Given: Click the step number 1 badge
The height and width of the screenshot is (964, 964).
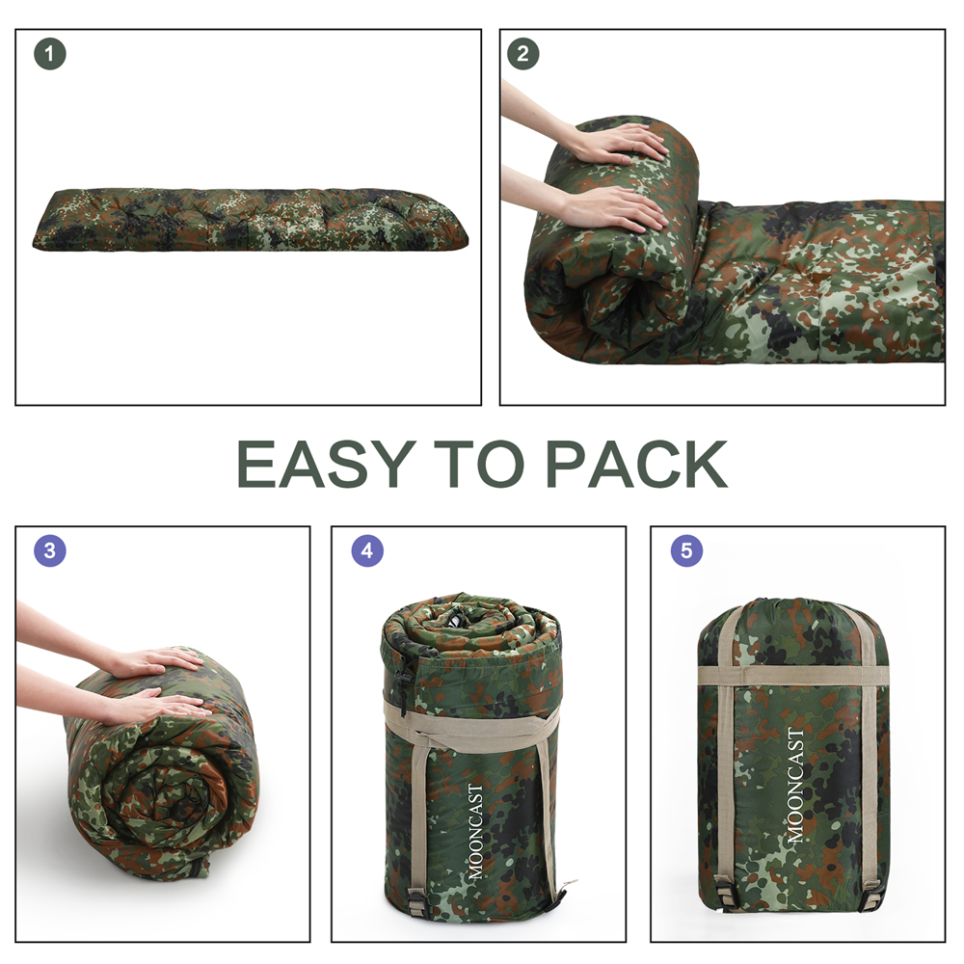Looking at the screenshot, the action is (50, 54).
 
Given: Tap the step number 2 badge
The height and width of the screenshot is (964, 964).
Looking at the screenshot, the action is (522, 54).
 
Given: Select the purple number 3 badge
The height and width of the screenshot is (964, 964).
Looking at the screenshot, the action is (50, 550).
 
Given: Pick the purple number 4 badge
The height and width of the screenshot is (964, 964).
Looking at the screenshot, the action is (367, 550).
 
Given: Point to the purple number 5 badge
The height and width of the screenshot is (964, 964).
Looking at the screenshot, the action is (686, 550).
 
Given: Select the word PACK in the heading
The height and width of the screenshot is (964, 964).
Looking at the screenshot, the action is (635, 465).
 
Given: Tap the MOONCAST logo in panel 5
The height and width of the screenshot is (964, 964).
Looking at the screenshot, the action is (795, 785).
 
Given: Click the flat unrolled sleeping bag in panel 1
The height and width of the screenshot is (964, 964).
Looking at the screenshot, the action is (250, 220).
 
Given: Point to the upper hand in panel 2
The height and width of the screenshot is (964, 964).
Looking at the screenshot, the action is (615, 144).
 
